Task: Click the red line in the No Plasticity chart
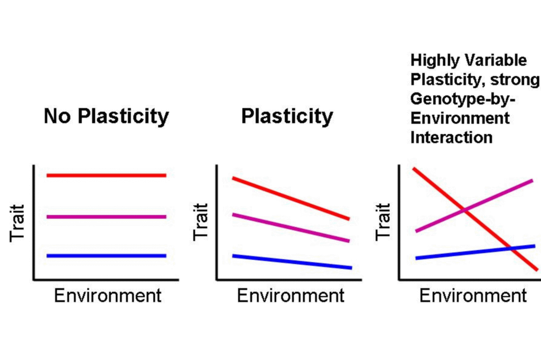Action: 106,175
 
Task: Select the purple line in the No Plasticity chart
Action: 106,216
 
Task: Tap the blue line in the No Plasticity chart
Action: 106,255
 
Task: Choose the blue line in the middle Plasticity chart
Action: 291,262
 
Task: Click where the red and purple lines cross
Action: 465,211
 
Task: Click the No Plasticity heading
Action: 106,116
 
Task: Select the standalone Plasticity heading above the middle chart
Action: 287,116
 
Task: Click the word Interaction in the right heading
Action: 451,137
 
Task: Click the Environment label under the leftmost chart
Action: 108,295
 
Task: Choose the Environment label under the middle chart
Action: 291,295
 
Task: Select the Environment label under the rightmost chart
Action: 473,295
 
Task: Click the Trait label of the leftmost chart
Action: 17,222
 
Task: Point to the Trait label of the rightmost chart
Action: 383,222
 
